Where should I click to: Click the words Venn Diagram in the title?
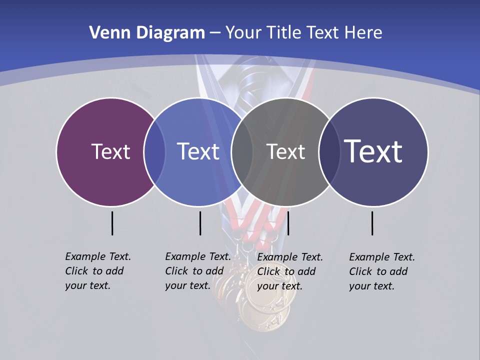147,33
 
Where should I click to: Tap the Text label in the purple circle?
110,151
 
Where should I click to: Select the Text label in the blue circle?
198,151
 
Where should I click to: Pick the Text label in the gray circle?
285,151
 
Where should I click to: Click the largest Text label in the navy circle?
373,151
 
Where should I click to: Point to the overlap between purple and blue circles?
154,151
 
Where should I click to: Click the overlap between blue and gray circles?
241,151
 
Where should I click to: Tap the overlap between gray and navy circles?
328,151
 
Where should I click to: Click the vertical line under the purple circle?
112,223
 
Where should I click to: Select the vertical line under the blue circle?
200,223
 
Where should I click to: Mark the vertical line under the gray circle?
288,223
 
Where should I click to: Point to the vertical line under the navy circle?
372,223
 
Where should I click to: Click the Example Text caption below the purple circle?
98,271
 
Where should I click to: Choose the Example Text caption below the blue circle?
198,271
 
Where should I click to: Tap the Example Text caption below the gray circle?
290,271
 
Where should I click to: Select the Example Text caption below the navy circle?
382,271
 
